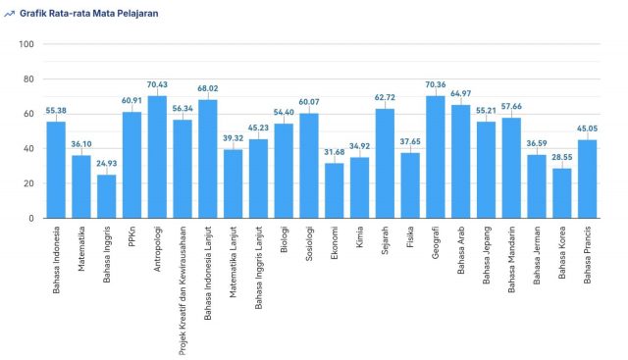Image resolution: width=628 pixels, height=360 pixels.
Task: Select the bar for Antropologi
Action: click(157, 157)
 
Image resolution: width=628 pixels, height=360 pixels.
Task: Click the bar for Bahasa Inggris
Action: click(106, 196)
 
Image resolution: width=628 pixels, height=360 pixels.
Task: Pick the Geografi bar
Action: click(435, 157)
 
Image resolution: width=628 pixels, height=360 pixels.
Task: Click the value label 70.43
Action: click(157, 85)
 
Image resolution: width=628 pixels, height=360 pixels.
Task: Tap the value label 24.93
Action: click(106, 164)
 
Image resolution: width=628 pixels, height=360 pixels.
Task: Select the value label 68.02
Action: click(207, 89)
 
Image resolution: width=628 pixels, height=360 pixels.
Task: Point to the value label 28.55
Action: click(561, 158)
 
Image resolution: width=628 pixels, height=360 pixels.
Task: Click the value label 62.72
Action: click(385, 98)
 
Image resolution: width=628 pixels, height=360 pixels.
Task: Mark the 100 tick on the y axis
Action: click(26, 44)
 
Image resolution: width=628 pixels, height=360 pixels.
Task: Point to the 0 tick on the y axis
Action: click(31, 219)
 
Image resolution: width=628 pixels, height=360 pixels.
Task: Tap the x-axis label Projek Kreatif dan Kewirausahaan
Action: click(183, 285)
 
